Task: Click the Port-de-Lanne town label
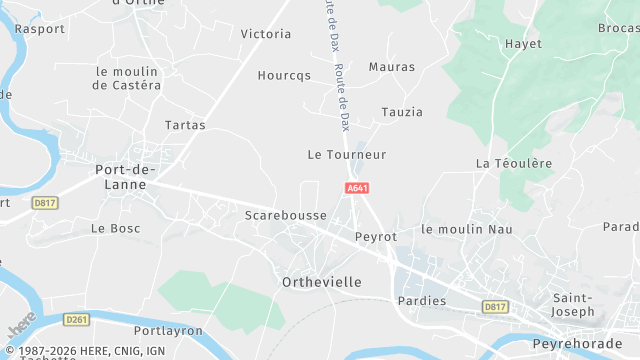(126, 176)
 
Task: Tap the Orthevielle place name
(322, 282)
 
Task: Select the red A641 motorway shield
(357, 188)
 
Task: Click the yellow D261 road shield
(76, 319)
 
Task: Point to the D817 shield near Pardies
(494, 306)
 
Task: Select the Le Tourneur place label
(346, 155)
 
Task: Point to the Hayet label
(523, 44)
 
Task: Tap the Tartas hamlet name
(185, 125)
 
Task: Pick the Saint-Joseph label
(574, 305)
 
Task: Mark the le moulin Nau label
(467, 229)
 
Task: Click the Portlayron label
(168, 330)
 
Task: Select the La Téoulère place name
(513, 163)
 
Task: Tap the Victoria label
(266, 34)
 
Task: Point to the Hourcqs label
(284, 75)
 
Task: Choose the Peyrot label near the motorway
(376, 237)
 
